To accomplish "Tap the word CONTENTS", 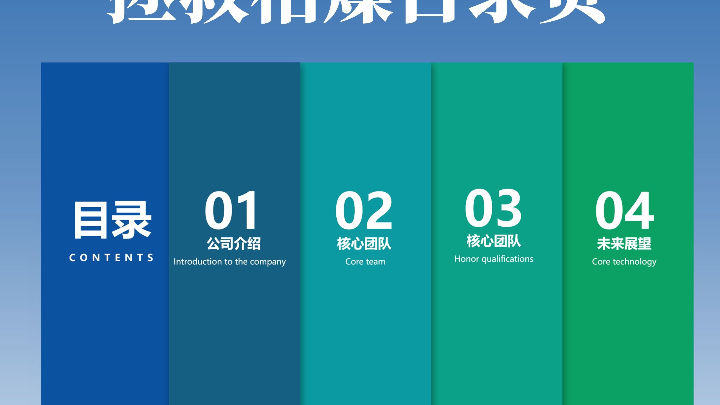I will (x=111, y=258).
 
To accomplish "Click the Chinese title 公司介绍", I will (x=234, y=244).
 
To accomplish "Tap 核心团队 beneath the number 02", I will (x=364, y=244).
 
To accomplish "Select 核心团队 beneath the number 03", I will (x=494, y=241).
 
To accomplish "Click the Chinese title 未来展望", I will (x=624, y=244).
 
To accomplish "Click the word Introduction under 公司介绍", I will (x=198, y=262).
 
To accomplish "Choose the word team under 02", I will (x=375, y=262).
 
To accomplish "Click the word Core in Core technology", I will (x=601, y=262).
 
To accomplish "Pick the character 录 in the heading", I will (x=132, y=220).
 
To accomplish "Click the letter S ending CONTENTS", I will (x=151, y=258).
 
